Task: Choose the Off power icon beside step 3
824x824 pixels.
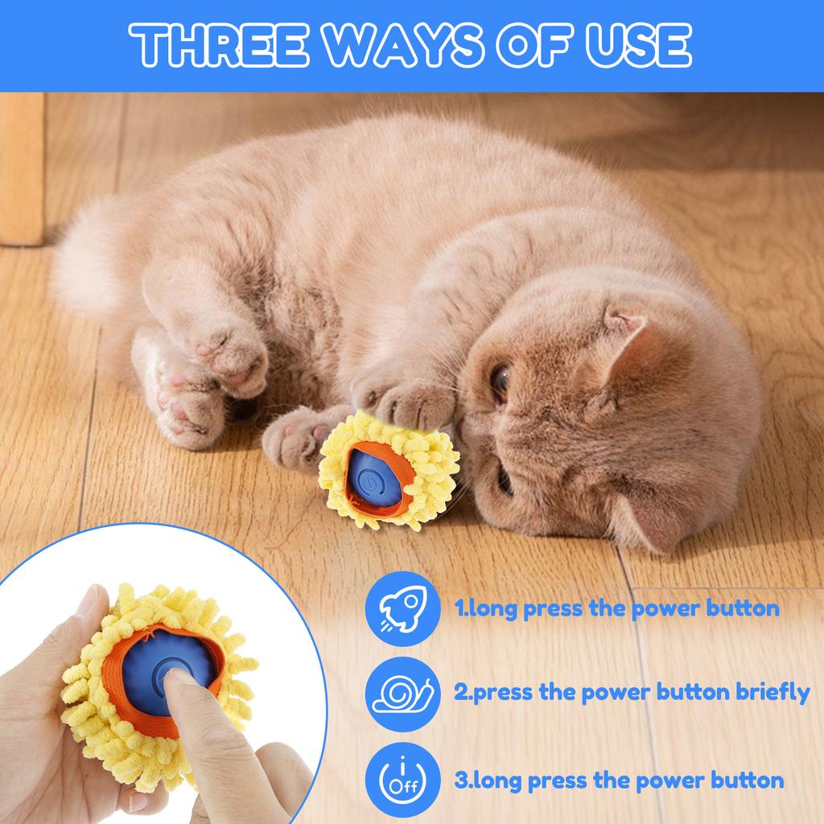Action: click(x=396, y=778)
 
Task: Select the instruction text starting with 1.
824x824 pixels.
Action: click(x=616, y=608)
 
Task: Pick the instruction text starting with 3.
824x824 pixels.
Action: click(x=619, y=779)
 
